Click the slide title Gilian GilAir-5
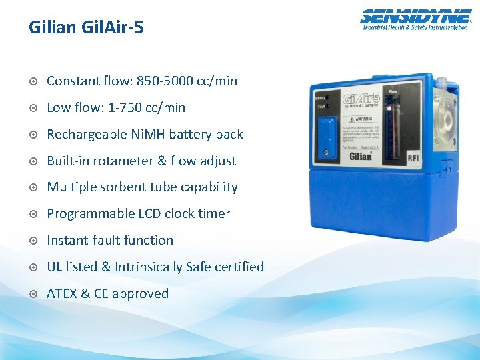click(86, 27)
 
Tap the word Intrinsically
click(148, 267)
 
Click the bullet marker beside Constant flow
click(33, 81)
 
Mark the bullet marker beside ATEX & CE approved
click(33, 294)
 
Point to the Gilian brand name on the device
click(363, 156)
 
